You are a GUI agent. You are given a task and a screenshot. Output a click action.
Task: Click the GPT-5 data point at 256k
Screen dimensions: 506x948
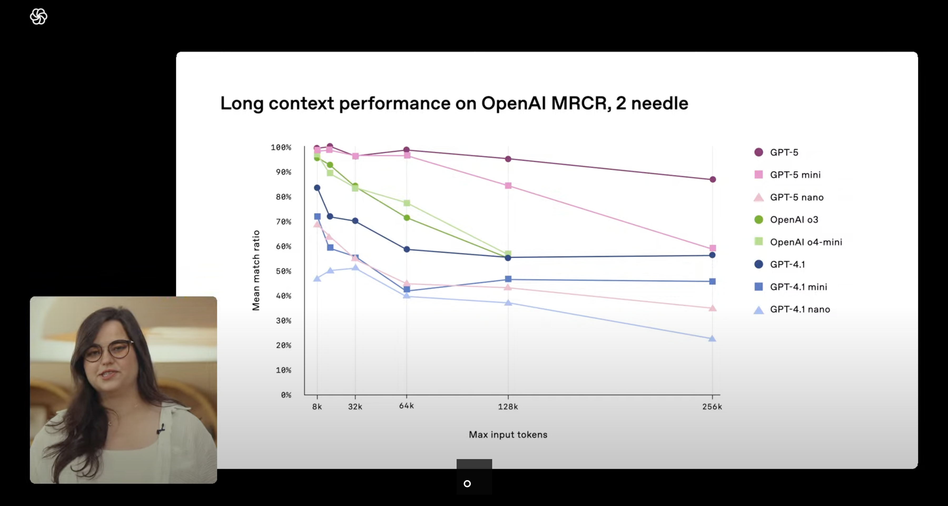point(713,179)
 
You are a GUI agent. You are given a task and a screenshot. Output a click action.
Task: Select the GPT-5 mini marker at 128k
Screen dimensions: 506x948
point(508,186)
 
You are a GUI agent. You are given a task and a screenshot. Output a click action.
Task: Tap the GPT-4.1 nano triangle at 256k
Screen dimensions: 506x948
point(712,338)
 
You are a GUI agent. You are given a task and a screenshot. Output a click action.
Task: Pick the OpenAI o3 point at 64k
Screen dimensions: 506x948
point(407,218)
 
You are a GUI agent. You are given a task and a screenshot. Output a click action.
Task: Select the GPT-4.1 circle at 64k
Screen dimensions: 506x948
point(407,249)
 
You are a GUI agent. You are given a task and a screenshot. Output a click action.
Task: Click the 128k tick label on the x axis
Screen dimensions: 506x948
point(508,407)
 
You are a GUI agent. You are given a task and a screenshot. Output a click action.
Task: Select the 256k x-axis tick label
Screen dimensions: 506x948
point(712,407)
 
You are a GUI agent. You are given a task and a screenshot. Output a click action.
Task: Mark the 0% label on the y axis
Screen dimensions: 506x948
point(286,395)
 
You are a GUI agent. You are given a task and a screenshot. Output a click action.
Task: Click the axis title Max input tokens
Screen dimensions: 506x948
point(508,435)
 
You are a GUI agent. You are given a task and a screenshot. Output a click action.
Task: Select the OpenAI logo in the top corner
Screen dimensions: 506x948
point(39,17)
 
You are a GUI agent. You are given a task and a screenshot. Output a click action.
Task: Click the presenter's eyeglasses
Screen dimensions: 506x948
point(108,350)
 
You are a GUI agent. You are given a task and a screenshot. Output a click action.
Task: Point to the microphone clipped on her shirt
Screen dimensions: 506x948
point(161,428)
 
